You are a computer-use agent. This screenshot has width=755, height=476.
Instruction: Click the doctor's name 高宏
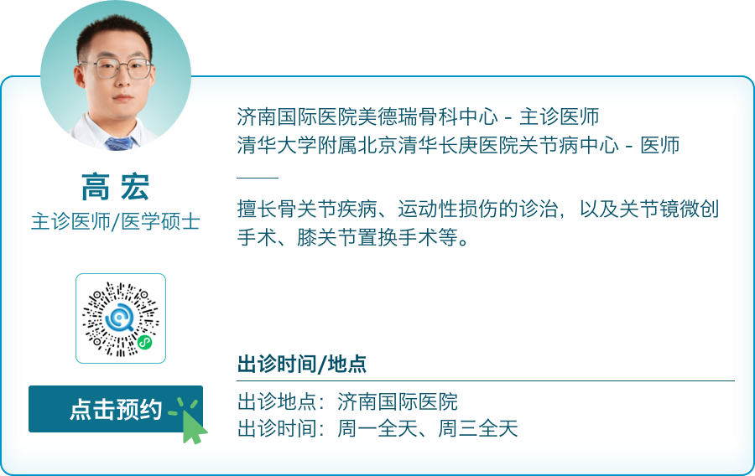[x=115, y=189]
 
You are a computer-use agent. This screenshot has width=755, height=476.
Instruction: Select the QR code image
[x=121, y=318]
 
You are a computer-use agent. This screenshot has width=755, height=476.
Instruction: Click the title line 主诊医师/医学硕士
[x=115, y=222]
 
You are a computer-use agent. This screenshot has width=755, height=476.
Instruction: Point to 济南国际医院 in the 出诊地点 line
[x=398, y=401]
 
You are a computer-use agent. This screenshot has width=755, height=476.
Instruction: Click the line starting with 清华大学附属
[x=458, y=145]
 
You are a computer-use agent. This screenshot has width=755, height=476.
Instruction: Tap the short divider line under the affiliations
[x=258, y=178]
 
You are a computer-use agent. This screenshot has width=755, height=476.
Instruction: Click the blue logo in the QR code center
[x=119, y=318]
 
